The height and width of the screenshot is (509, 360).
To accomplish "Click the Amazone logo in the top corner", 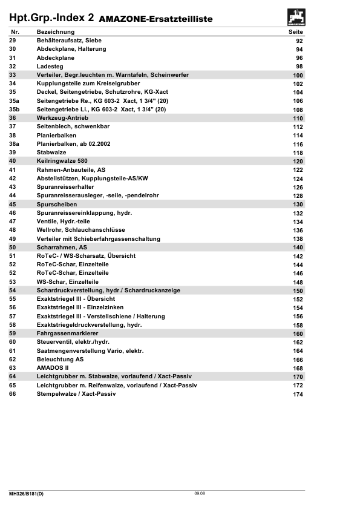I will coord(296,16).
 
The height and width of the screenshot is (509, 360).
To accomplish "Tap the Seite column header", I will coord(296,31).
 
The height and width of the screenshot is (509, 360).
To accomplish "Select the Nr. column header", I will coord(16,31).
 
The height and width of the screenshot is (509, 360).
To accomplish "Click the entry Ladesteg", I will coord(50,66).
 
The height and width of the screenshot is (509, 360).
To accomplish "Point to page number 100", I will coord(298,75).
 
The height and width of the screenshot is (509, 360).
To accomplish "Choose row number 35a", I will coord(14,101).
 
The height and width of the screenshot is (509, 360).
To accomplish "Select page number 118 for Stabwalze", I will coord(298,153).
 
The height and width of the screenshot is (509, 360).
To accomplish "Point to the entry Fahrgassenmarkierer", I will coord(68,333).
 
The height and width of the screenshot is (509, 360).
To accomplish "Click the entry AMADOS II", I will coord(53,368).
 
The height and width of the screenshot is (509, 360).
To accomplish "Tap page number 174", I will coord(298,395).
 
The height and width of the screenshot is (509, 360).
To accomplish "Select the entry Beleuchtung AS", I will coord(60,360).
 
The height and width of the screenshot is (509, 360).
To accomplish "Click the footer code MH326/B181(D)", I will coord(26,494).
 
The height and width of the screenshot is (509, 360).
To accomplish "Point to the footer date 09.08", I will coord(200,494).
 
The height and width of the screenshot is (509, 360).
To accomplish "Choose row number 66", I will coord(13,394).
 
